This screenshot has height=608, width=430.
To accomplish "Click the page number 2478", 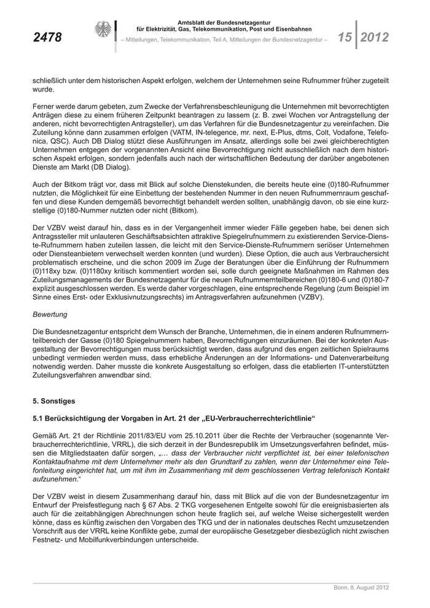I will [x=47, y=38].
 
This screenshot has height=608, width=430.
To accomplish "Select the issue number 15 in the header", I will [x=344, y=37].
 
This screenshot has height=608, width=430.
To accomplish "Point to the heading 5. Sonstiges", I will [x=53, y=401].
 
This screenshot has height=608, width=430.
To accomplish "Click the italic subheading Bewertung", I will [x=50, y=314].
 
